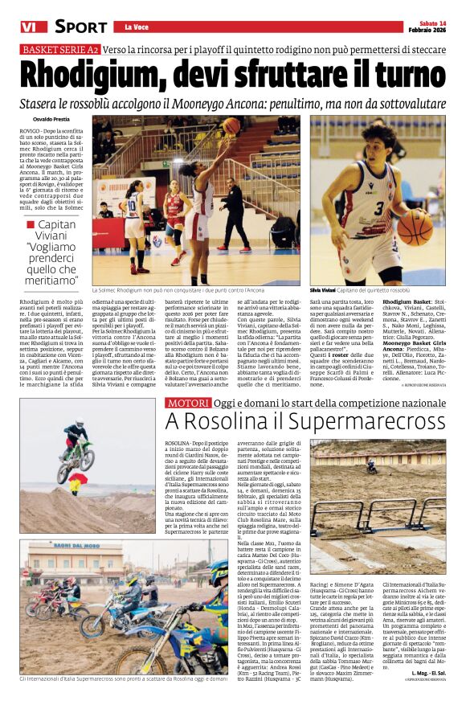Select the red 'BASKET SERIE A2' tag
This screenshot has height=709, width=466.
coord(60,50)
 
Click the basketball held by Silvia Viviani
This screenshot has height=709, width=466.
coord(415,227)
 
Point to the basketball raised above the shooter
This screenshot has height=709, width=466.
coord(231,125)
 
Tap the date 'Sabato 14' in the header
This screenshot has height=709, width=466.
coord(427,23)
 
